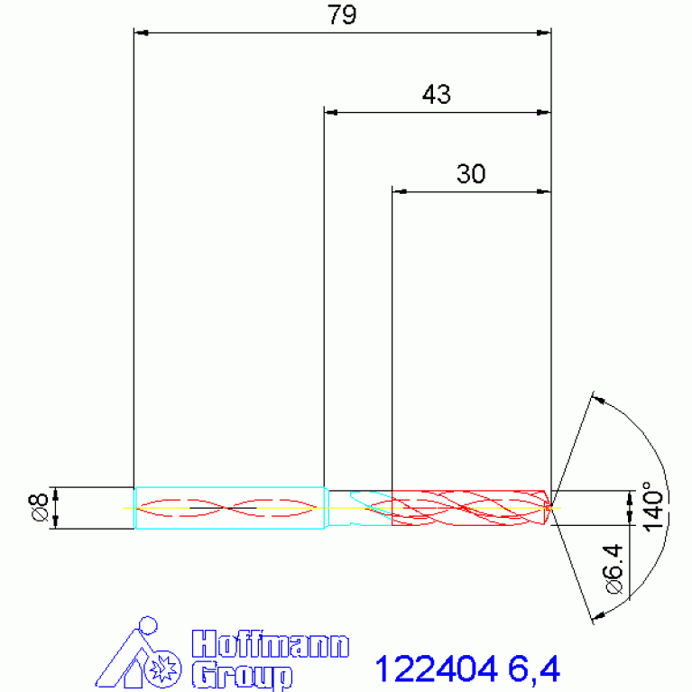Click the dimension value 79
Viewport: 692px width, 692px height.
342,16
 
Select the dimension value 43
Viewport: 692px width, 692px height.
436,95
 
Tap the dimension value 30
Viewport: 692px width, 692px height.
470,174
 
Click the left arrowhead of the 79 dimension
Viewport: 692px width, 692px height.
140,33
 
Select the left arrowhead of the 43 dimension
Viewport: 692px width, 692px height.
330,113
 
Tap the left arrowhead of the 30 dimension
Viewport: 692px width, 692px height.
398,191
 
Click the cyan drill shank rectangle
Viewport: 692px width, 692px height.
229,507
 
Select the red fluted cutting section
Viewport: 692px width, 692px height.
469,507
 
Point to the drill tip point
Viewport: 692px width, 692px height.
550,507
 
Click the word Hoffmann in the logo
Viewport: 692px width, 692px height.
271,646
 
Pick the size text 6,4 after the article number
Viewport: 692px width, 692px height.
533,669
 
